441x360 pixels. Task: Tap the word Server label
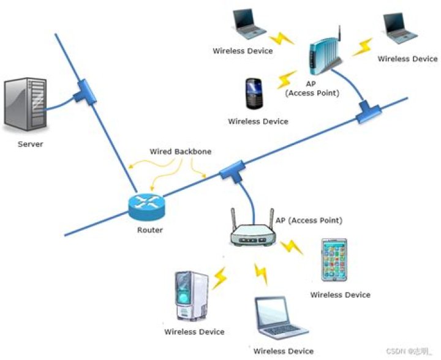(x=31, y=144)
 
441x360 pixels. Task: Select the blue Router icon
(x=146, y=208)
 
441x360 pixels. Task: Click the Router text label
(x=150, y=230)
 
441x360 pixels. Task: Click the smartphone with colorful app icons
(x=334, y=260)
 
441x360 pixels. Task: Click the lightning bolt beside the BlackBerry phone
(x=285, y=80)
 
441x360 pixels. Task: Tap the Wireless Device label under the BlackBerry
(x=258, y=121)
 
